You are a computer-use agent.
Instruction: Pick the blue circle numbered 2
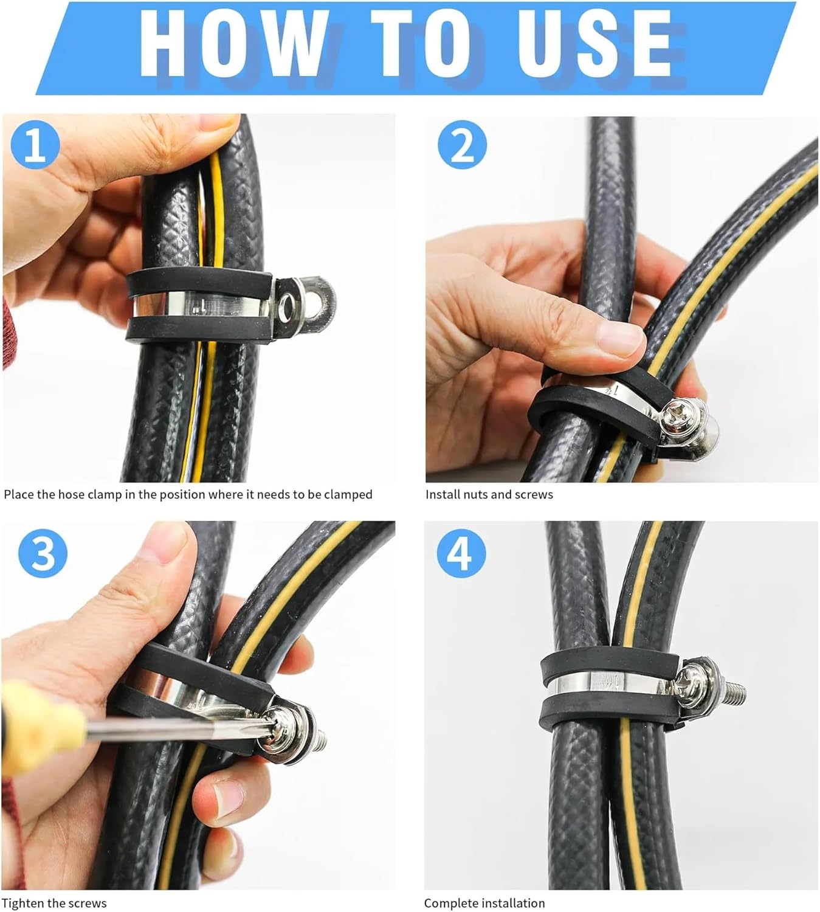tap(462, 145)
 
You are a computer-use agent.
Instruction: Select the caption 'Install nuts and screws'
tap(489, 494)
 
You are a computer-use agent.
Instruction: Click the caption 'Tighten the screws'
tap(55, 903)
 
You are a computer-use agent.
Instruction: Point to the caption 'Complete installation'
tap(484, 903)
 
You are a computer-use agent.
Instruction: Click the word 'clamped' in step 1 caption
tap(348, 494)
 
